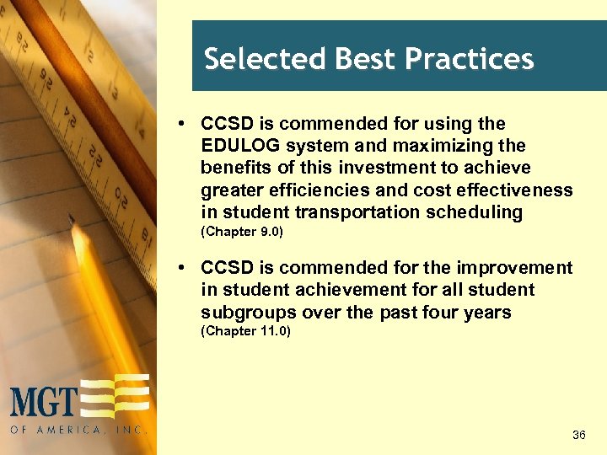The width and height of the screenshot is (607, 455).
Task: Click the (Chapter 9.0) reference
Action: tap(241, 232)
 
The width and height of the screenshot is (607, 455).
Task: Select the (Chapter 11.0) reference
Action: tap(245, 331)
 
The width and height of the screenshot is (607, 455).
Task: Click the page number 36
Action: tap(578, 435)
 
